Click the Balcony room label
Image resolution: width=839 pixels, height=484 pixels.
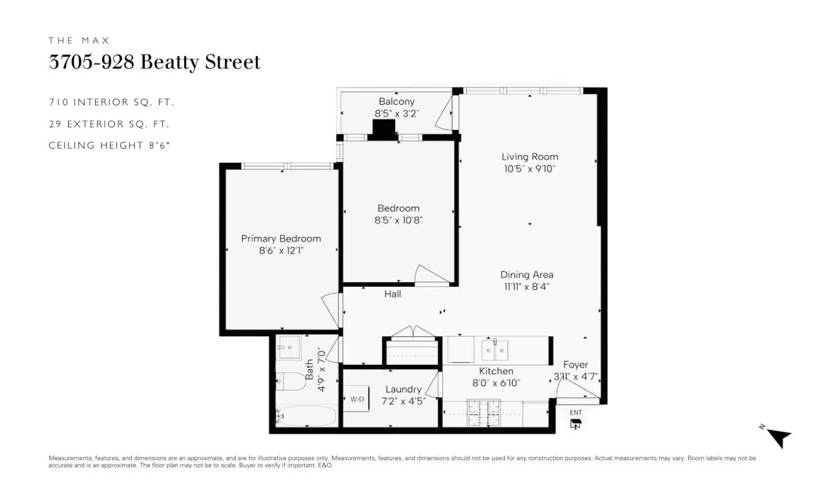pyautogui.click(x=396, y=101)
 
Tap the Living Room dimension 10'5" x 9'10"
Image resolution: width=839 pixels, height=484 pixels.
pyautogui.click(x=529, y=169)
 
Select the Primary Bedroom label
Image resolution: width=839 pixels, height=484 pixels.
pyautogui.click(x=281, y=239)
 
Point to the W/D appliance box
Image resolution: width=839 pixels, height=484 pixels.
pyautogui.click(x=357, y=399)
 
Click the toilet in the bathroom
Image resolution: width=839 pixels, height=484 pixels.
pyautogui.click(x=292, y=381)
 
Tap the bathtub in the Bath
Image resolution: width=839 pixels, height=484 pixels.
pyautogui.click(x=306, y=415)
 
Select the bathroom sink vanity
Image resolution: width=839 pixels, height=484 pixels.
pyautogui.click(x=289, y=347)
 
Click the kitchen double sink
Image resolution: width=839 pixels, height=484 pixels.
pyautogui.click(x=495, y=350)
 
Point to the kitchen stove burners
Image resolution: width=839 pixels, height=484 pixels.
pyautogui.click(x=484, y=413)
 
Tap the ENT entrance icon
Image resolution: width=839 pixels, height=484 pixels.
pyautogui.click(x=576, y=423)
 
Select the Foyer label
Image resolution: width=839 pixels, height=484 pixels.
pyautogui.click(x=576, y=364)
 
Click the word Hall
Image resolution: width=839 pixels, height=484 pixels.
pyautogui.click(x=392, y=294)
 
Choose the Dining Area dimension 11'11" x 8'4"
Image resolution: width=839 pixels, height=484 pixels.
pyautogui.click(x=527, y=287)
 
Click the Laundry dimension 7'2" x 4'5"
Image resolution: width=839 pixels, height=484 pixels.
pyautogui.click(x=403, y=401)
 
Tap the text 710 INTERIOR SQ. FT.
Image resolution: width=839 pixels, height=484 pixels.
pyautogui.click(x=111, y=102)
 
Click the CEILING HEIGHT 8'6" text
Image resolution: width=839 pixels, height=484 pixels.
pyautogui.click(x=109, y=145)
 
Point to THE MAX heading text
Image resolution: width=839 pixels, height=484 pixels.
pyautogui.click(x=79, y=41)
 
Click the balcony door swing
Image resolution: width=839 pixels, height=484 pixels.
pyautogui.click(x=445, y=114)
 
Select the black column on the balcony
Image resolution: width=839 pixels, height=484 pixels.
pyautogui.click(x=384, y=127)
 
